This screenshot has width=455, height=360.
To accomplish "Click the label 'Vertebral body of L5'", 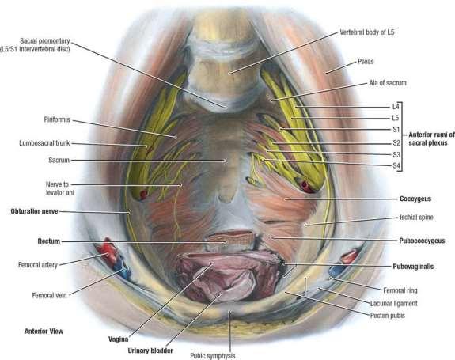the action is click(x=367, y=32).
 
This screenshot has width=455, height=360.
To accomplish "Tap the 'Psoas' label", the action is click(x=366, y=61).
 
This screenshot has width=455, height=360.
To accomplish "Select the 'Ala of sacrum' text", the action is click(x=388, y=83).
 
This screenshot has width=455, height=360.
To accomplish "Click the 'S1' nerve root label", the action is click(x=396, y=130).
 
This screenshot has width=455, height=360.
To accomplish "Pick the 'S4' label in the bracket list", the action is click(x=396, y=165).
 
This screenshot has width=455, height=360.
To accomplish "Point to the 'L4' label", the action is click(x=396, y=107).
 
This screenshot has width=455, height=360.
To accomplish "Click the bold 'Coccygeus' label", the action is click(x=415, y=199).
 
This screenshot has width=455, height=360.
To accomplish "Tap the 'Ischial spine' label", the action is click(x=416, y=218).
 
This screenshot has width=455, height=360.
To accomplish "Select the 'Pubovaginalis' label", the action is click(x=413, y=267).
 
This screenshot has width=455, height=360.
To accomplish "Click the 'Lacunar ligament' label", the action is click(x=394, y=304).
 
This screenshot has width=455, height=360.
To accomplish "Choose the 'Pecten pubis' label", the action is click(x=388, y=316).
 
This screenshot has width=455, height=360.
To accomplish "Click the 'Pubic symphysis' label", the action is click(x=213, y=356).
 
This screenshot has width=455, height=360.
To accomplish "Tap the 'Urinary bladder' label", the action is click(x=150, y=351).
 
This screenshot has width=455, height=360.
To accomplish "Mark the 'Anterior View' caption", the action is click(x=44, y=332).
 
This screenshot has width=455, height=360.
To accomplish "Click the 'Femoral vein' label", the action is click(x=49, y=295).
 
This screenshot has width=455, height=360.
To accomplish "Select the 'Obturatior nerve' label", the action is click(x=34, y=211).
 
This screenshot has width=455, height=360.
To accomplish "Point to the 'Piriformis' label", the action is click(x=57, y=119).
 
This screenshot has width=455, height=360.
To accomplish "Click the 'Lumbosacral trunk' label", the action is click(x=44, y=143).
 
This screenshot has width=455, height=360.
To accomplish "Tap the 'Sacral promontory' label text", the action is click(x=44, y=41).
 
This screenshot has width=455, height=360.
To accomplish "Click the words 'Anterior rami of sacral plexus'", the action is click(x=431, y=138).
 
